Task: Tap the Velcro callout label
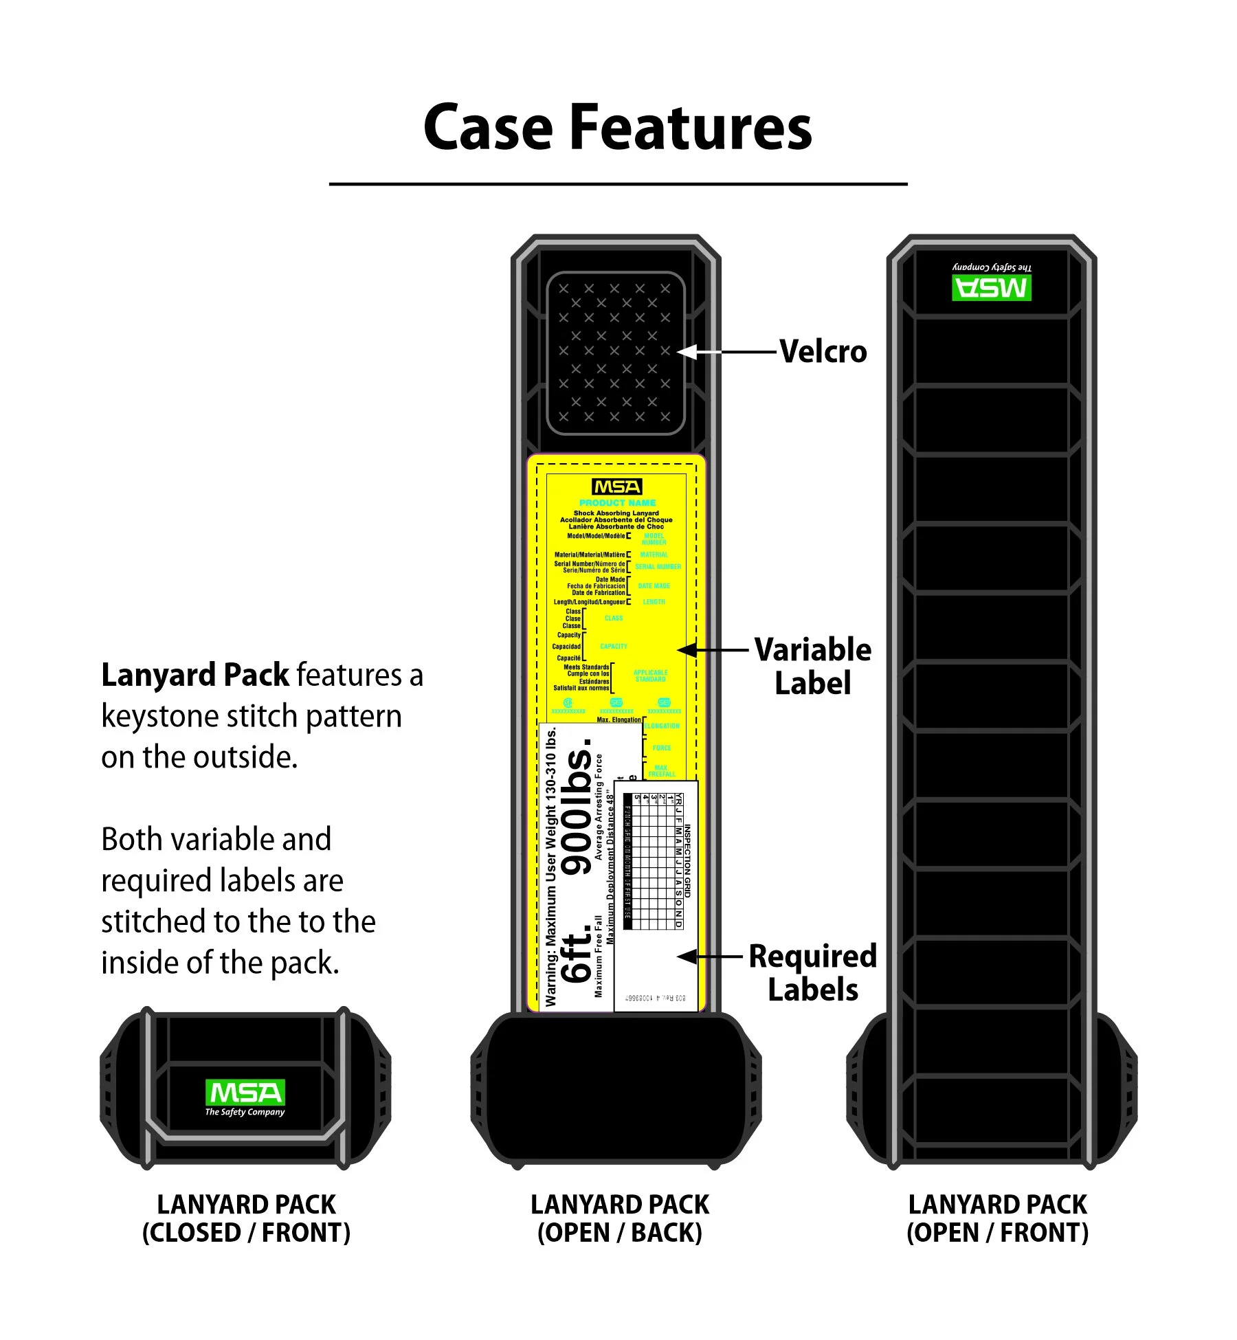click(x=823, y=352)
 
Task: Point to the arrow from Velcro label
click(x=728, y=352)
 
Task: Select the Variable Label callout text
click(x=812, y=666)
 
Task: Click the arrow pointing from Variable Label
click(x=715, y=649)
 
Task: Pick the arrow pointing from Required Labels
click(x=711, y=956)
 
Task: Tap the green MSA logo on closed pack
click(x=245, y=1093)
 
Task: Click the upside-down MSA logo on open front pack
click(x=991, y=287)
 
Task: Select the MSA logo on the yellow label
click(x=616, y=487)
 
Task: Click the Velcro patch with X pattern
click(x=615, y=353)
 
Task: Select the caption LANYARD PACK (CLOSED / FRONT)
click(x=246, y=1218)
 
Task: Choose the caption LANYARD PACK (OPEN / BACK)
click(x=619, y=1218)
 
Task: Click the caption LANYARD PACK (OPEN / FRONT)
click(x=997, y=1218)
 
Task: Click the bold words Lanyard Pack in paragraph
click(x=195, y=675)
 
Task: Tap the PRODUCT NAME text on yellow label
click(x=617, y=503)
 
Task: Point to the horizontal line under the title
click(x=618, y=184)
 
